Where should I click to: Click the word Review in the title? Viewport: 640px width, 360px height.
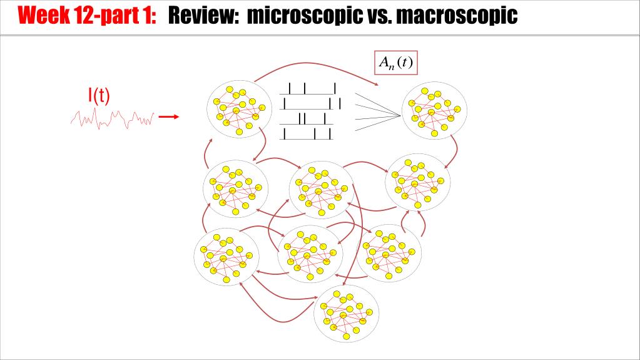203,15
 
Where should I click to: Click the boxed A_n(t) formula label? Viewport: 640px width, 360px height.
396,62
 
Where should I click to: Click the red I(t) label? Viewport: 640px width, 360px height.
99,95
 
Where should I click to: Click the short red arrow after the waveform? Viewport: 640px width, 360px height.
169,116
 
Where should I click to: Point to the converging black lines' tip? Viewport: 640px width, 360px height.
400,114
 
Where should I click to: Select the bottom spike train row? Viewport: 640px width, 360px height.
307,133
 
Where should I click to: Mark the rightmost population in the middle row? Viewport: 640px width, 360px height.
418,182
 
